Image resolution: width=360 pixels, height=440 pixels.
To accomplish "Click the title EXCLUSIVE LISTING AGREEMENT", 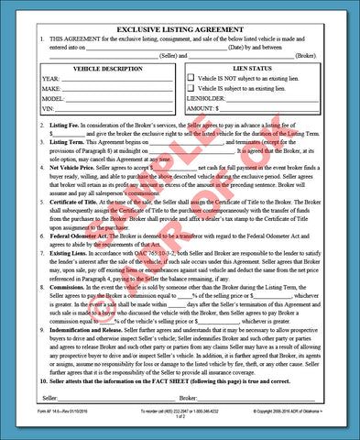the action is (x=180, y=27).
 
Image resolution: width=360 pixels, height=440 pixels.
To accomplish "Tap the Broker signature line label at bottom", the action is (x=189, y=399).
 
